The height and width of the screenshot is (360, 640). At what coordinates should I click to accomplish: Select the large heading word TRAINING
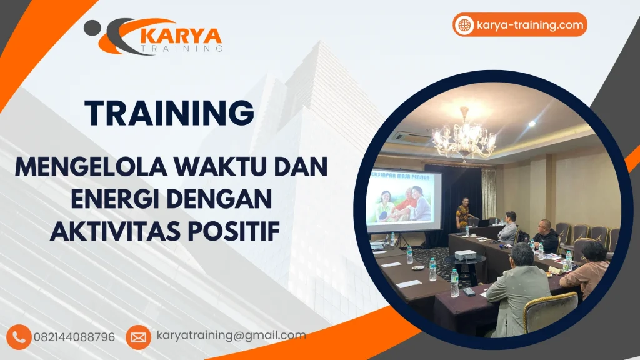click(170, 113)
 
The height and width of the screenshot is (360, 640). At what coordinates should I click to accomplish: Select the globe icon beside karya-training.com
click(465, 25)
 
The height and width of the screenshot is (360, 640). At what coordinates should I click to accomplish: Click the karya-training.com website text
click(530, 25)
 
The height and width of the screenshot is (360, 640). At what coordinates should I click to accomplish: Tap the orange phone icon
click(21, 337)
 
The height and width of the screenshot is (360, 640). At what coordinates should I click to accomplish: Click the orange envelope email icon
click(138, 337)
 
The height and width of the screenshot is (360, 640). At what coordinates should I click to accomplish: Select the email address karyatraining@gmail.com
click(231, 336)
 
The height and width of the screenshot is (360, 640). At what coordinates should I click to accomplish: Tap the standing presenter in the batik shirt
click(462, 214)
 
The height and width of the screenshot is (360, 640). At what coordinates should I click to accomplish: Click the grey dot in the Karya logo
click(92, 27)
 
